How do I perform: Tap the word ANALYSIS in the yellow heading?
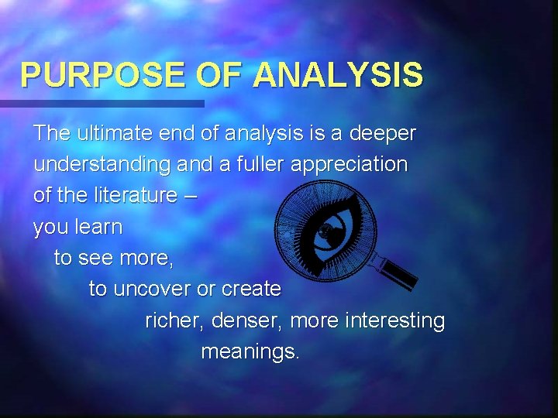[x=338, y=75]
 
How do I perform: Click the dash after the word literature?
[x=191, y=197]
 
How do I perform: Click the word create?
[x=251, y=290]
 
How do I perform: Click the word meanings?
[x=250, y=352]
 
